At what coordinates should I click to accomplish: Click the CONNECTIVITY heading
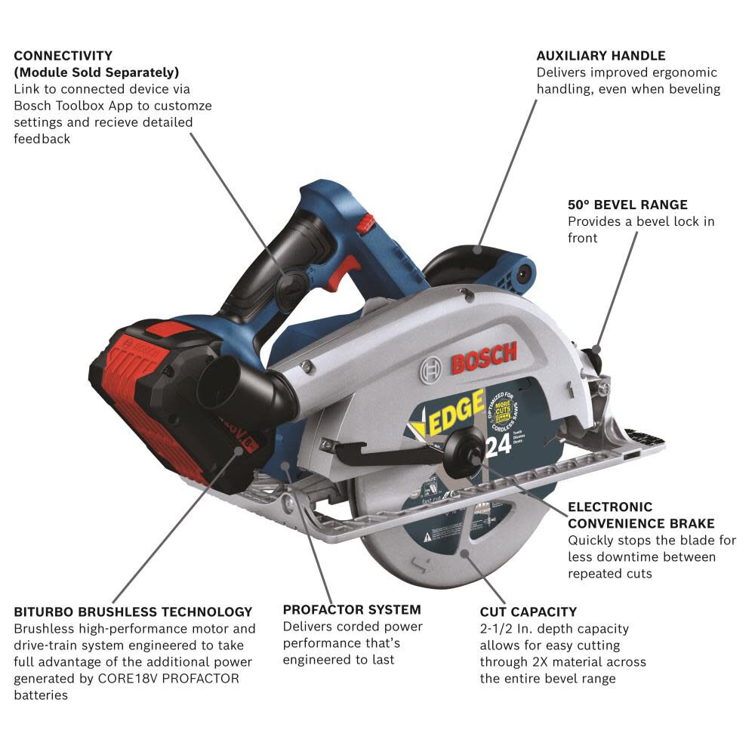coord(63,56)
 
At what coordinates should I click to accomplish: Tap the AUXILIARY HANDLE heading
coord(601,56)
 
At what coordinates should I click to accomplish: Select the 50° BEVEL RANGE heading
coord(627,205)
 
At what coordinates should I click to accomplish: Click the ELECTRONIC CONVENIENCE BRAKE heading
coord(641,515)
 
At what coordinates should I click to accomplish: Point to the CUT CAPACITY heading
coord(528,612)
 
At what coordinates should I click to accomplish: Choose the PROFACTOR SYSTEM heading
coord(352,609)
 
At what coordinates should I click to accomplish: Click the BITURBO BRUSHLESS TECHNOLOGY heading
coord(133,612)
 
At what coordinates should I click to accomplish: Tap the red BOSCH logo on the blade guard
coord(484,358)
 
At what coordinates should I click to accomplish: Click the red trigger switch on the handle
coord(350,270)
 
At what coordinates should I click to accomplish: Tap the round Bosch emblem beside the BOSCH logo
coord(433,368)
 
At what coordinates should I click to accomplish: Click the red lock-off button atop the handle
coord(367,223)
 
